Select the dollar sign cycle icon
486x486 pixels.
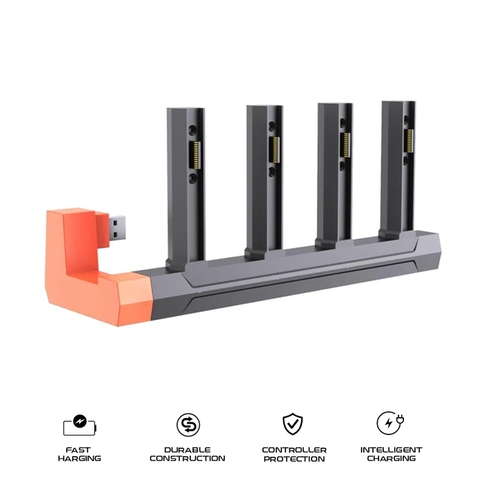(187, 424)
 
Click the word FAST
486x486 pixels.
(79, 450)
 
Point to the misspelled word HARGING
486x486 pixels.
(79, 458)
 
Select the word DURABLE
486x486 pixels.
(187, 450)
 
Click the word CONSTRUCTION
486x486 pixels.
(187, 458)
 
